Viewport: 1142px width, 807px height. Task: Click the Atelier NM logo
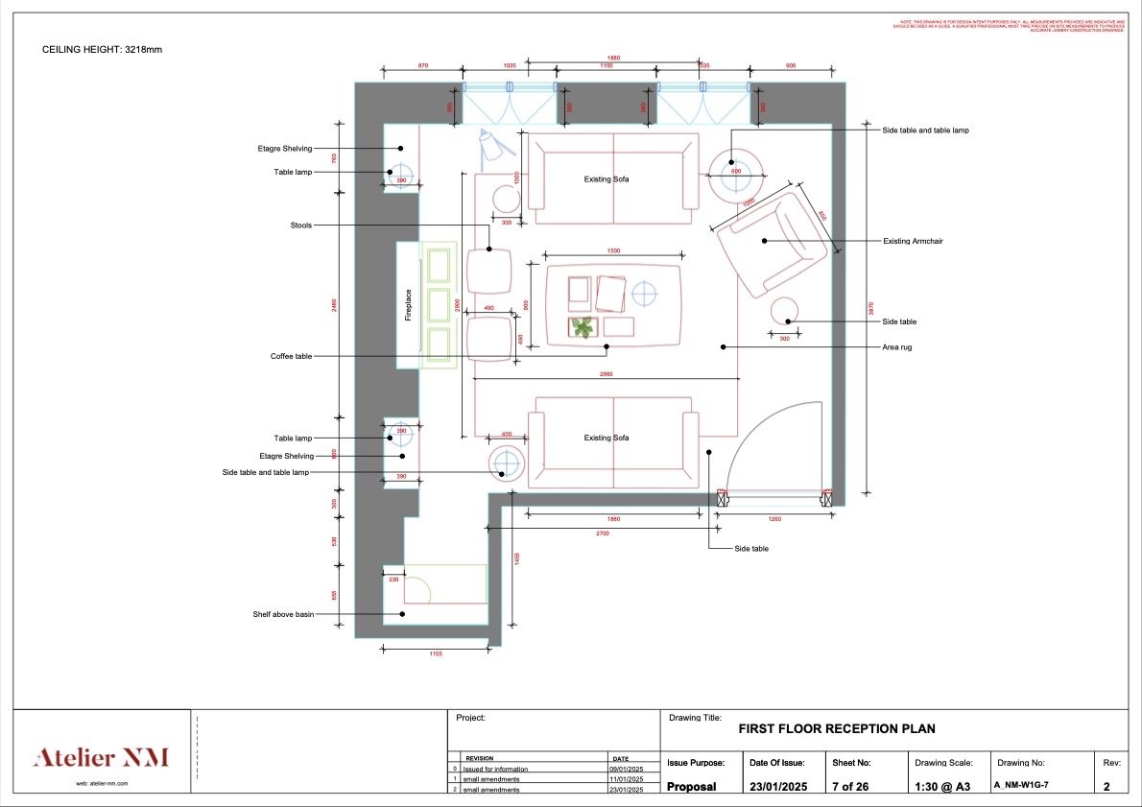101,758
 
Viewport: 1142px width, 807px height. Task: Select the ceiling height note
102,49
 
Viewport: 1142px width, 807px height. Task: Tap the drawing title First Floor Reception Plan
836,729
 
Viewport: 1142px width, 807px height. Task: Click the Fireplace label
408,305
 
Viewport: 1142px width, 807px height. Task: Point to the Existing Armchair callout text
912,242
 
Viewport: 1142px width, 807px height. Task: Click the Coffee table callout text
291,356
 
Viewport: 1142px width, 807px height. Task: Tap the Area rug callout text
898,346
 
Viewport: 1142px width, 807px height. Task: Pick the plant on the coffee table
582,327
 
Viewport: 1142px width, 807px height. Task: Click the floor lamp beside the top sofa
491,145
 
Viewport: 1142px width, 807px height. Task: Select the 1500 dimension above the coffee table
613,250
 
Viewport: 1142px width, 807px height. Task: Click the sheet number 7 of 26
851,786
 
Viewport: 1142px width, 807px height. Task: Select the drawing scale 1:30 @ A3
944,786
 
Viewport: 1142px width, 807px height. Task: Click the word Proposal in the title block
692,786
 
